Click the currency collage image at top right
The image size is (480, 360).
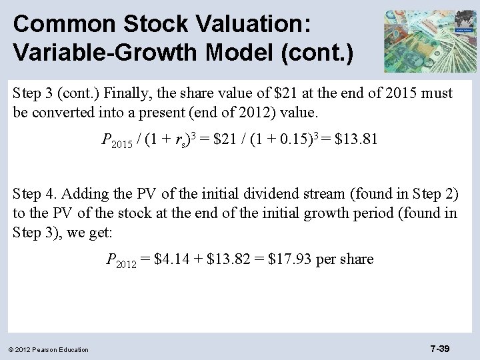pos(431,41)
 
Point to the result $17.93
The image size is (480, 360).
pos(289,259)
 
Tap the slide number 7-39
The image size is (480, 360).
pos(440,348)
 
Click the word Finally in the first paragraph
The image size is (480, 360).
pos(125,93)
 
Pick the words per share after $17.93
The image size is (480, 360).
pos(345,259)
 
